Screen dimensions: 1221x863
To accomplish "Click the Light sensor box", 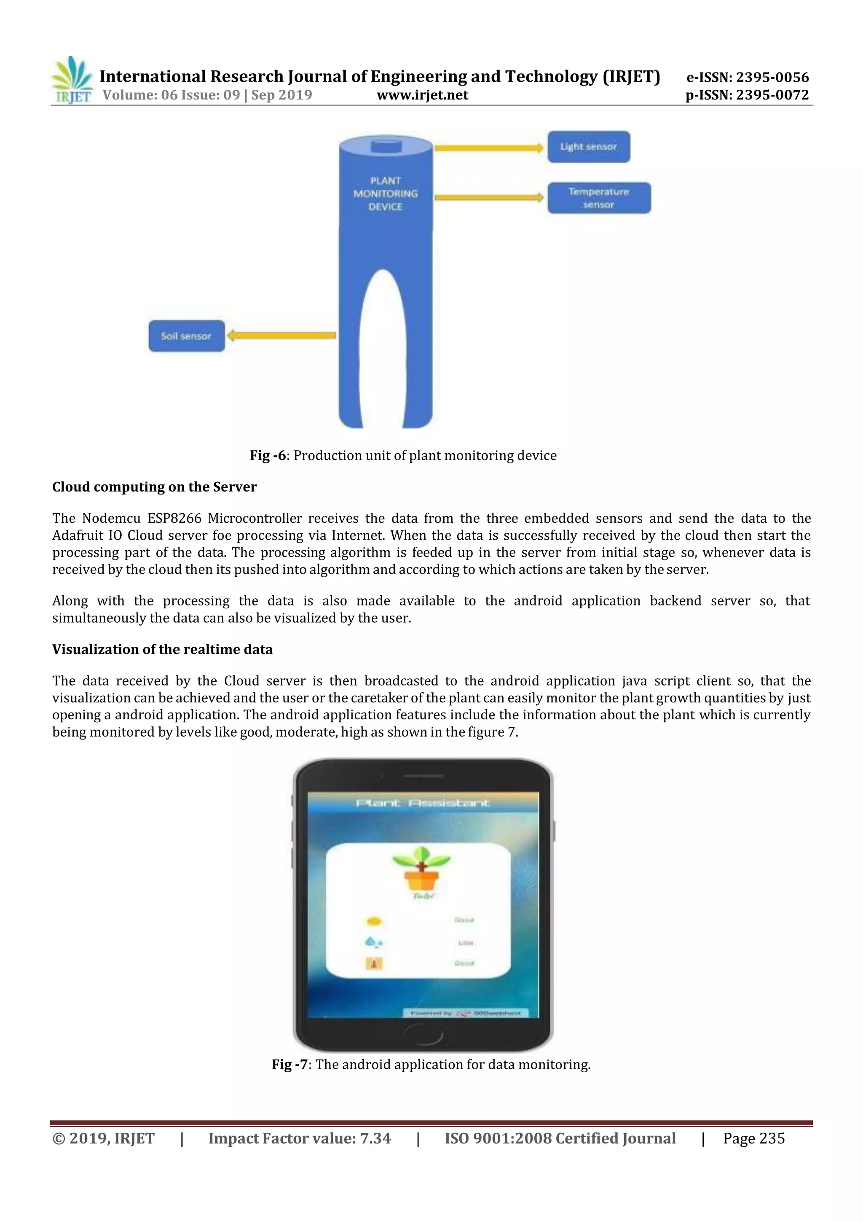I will [x=588, y=147].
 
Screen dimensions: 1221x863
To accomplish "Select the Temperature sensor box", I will [x=599, y=198].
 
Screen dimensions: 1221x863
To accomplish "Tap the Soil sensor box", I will [x=187, y=336].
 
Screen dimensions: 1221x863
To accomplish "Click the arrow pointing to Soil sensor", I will [x=281, y=336].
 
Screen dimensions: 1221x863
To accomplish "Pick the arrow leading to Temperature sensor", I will [x=489, y=198].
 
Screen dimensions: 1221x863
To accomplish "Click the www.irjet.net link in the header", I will [x=423, y=95].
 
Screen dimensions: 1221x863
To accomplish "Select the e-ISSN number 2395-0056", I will [x=748, y=77].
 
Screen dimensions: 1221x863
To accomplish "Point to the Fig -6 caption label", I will [x=268, y=456].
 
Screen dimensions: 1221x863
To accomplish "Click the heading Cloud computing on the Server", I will [x=154, y=487].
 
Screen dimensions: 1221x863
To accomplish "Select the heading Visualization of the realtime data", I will [x=162, y=649].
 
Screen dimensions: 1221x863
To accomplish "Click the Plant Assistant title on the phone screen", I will [x=423, y=803].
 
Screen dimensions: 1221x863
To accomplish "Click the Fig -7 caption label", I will [x=289, y=1064].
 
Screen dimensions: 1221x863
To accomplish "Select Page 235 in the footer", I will [x=753, y=1138].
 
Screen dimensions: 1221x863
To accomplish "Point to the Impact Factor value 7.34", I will [x=300, y=1138].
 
